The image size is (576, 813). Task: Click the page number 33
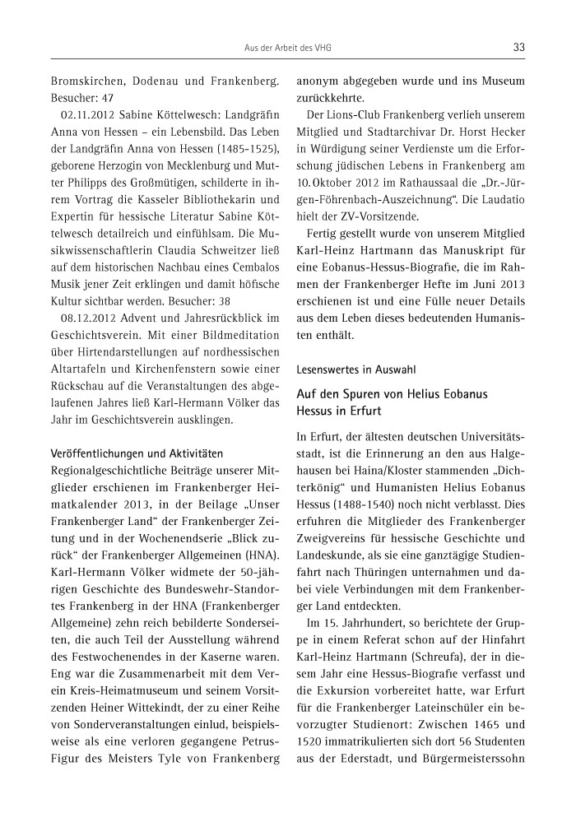518,47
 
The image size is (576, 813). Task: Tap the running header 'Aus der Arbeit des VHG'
288,48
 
